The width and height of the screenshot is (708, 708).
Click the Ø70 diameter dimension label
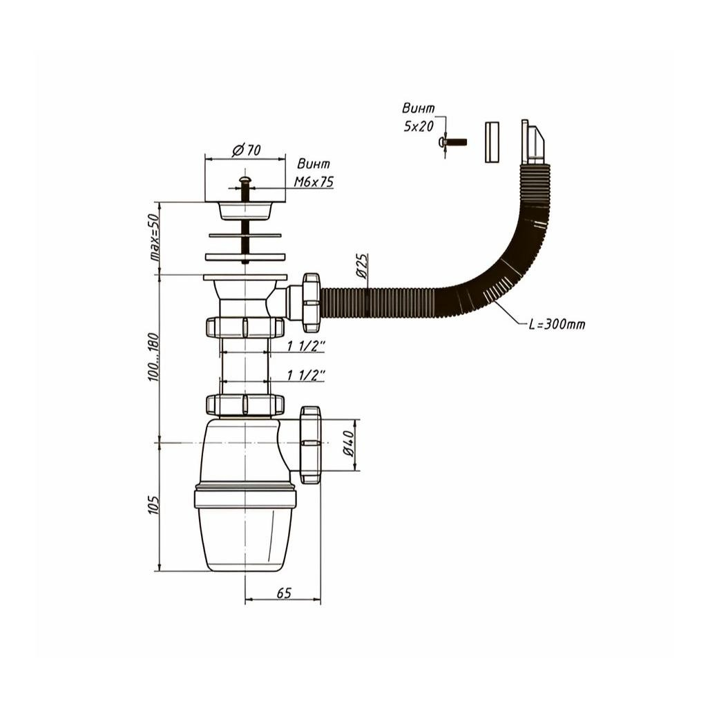[x=247, y=149]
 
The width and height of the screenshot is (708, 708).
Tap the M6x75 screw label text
[x=314, y=182]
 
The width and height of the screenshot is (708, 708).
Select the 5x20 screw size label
[x=419, y=126]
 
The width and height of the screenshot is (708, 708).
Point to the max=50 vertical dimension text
[x=155, y=238]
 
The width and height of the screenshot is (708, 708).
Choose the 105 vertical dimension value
[x=153, y=505]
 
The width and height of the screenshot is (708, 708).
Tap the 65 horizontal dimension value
[x=284, y=593]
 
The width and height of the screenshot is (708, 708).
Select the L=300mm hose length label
[x=557, y=324]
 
